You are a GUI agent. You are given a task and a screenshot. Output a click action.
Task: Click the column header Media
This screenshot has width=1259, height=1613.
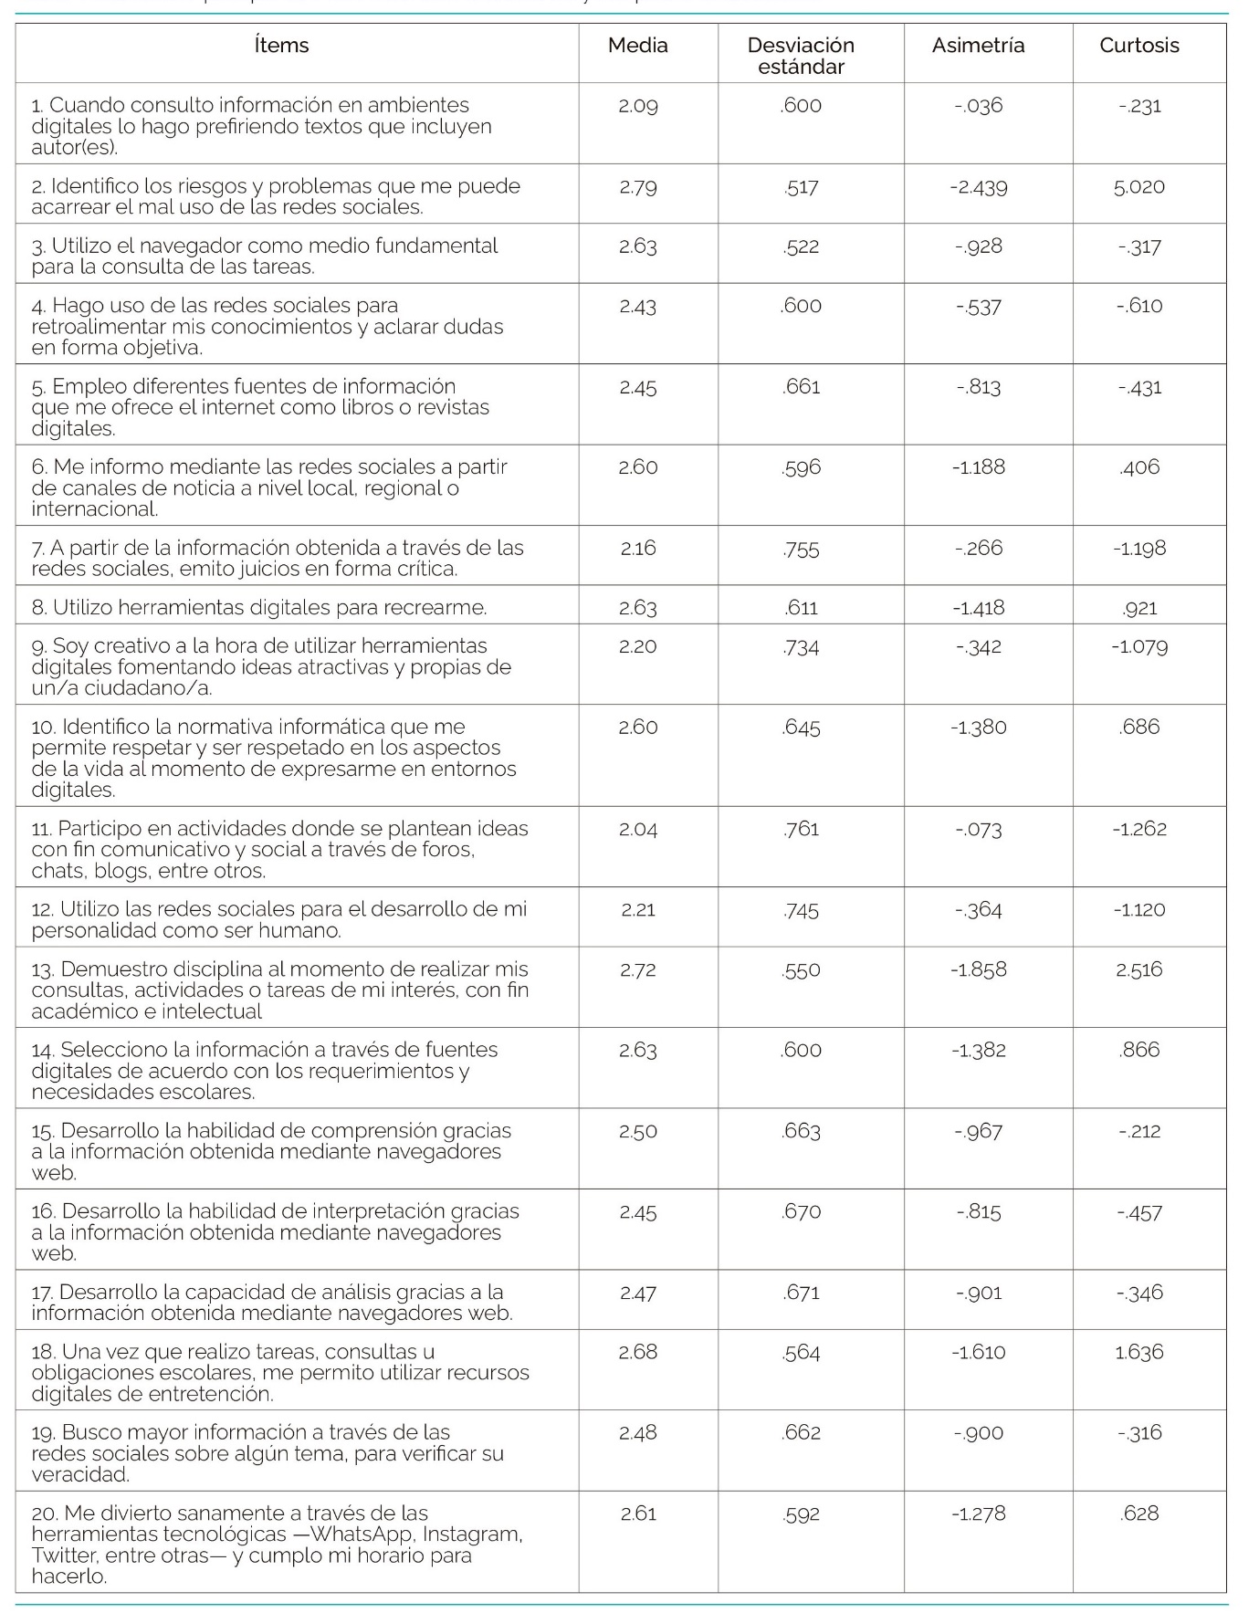(x=637, y=46)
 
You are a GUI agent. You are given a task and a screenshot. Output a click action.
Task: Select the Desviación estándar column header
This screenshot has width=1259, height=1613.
(x=801, y=56)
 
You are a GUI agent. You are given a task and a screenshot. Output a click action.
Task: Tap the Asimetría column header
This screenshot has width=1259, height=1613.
(x=978, y=46)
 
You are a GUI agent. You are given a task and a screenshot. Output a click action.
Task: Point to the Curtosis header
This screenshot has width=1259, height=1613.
(x=1138, y=46)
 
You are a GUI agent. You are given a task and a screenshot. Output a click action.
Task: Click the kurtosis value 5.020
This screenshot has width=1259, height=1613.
(x=1138, y=187)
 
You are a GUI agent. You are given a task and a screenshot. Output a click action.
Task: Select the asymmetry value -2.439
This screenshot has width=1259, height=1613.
(x=978, y=187)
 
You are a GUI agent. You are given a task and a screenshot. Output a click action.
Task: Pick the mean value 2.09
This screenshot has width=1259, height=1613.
(x=637, y=106)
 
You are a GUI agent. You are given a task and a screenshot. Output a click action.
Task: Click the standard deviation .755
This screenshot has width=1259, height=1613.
(x=801, y=549)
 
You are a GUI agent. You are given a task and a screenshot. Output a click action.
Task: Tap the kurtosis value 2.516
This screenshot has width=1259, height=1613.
(x=1138, y=969)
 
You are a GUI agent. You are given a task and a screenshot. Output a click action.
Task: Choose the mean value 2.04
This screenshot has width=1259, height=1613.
(x=637, y=829)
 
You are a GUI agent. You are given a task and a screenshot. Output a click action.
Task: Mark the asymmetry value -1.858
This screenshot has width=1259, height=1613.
(x=978, y=969)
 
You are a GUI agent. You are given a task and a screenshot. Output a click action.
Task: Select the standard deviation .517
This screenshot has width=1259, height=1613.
(x=801, y=187)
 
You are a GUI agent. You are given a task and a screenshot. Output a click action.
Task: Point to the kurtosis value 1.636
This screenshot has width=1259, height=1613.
(x=1138, y=1352)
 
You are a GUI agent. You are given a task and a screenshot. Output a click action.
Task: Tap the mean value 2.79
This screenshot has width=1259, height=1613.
(x=637, y=187)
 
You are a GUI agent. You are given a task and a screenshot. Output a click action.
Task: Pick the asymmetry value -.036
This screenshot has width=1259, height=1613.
(x=978, y=106)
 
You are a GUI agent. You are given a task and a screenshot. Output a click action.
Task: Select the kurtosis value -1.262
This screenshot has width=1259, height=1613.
(x=1138, y=829)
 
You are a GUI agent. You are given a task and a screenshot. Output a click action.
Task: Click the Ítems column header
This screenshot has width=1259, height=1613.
(x=281, y=46)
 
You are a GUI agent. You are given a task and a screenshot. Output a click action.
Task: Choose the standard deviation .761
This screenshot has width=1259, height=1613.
(x=801, y=829)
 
